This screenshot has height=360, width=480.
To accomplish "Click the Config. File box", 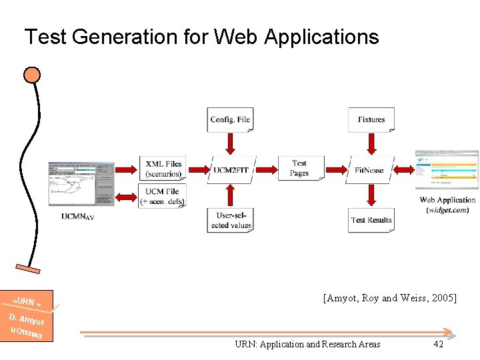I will (230, 120).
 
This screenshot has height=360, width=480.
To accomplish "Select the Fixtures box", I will (371, 120).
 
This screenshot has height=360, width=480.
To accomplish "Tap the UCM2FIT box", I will (231, 169).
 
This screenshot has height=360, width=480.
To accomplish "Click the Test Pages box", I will (299, 168).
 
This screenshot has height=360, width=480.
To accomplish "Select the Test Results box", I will (371, 220).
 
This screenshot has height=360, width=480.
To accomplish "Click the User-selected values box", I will (231, 220).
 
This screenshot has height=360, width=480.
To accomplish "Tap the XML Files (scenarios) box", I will (163, 169).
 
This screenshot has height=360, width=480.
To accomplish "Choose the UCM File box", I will (163, 196).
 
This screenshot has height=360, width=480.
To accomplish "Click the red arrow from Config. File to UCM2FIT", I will (230, 143).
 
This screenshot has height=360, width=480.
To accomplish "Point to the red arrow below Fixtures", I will (371, 143).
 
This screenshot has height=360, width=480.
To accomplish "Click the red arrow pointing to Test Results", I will (371, 195).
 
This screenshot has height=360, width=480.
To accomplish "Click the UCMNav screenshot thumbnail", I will (81, 183).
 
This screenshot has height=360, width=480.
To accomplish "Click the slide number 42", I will (438, 344).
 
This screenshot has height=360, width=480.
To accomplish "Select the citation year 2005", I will (442, 298).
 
